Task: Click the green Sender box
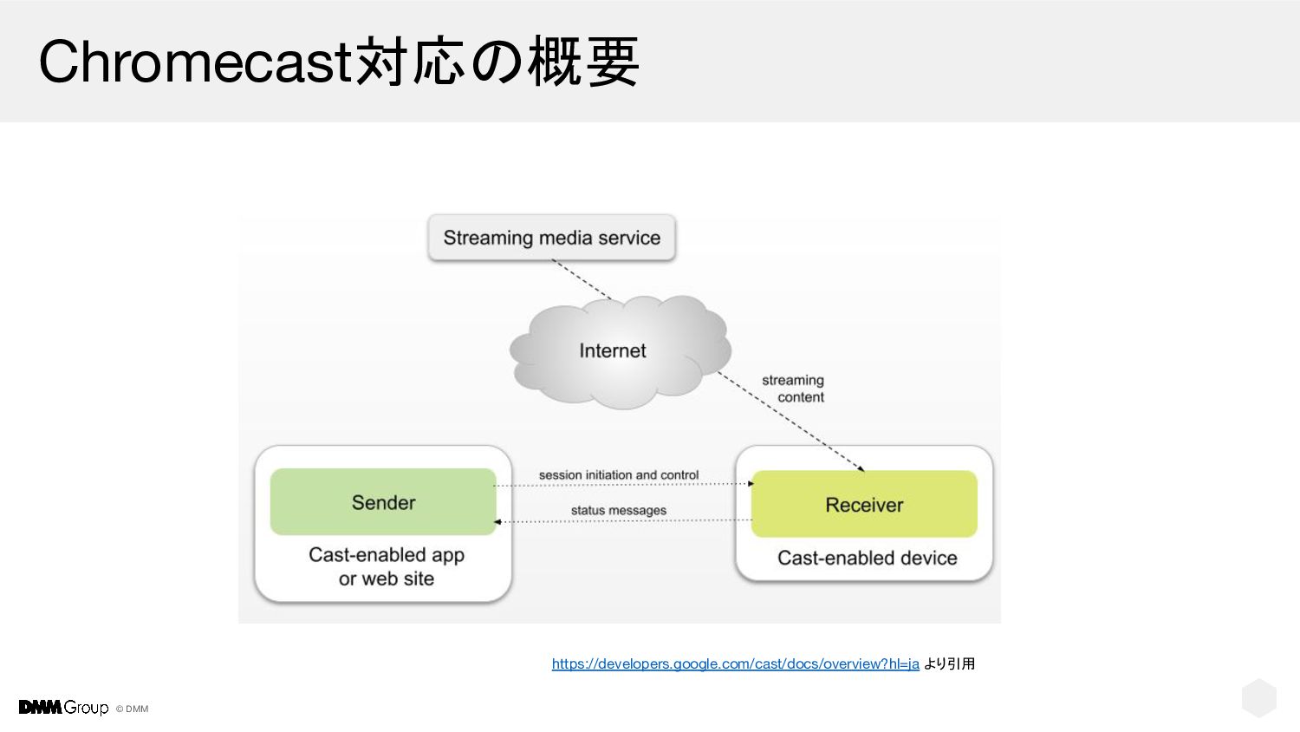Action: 383,502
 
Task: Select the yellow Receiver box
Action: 864,505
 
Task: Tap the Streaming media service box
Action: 551,238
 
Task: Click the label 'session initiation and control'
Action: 618,475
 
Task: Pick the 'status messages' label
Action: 618,511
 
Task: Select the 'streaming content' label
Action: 794,389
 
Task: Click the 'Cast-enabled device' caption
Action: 867,559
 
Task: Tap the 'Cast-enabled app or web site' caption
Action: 387,566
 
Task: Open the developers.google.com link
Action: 735,664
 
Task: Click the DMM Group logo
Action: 63,708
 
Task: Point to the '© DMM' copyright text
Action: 133,709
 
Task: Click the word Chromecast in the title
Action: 195,62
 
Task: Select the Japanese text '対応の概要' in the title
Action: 497,62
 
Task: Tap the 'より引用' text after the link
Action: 950,664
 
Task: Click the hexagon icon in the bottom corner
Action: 1258,698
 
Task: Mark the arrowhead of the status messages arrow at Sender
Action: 497,522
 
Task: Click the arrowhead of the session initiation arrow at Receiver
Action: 751,484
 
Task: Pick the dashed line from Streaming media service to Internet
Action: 581,280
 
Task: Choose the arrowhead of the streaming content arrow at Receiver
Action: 861,469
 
